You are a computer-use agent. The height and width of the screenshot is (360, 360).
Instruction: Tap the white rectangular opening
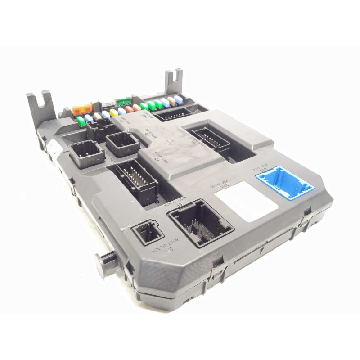point(246,201)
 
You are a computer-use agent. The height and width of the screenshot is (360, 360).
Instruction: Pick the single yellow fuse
point(114,112)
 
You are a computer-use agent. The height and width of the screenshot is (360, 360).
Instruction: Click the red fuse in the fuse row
point(129,109)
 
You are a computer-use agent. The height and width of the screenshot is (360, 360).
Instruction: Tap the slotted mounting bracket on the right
point(173,81)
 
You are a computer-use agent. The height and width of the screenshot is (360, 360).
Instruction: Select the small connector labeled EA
point(146,232)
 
